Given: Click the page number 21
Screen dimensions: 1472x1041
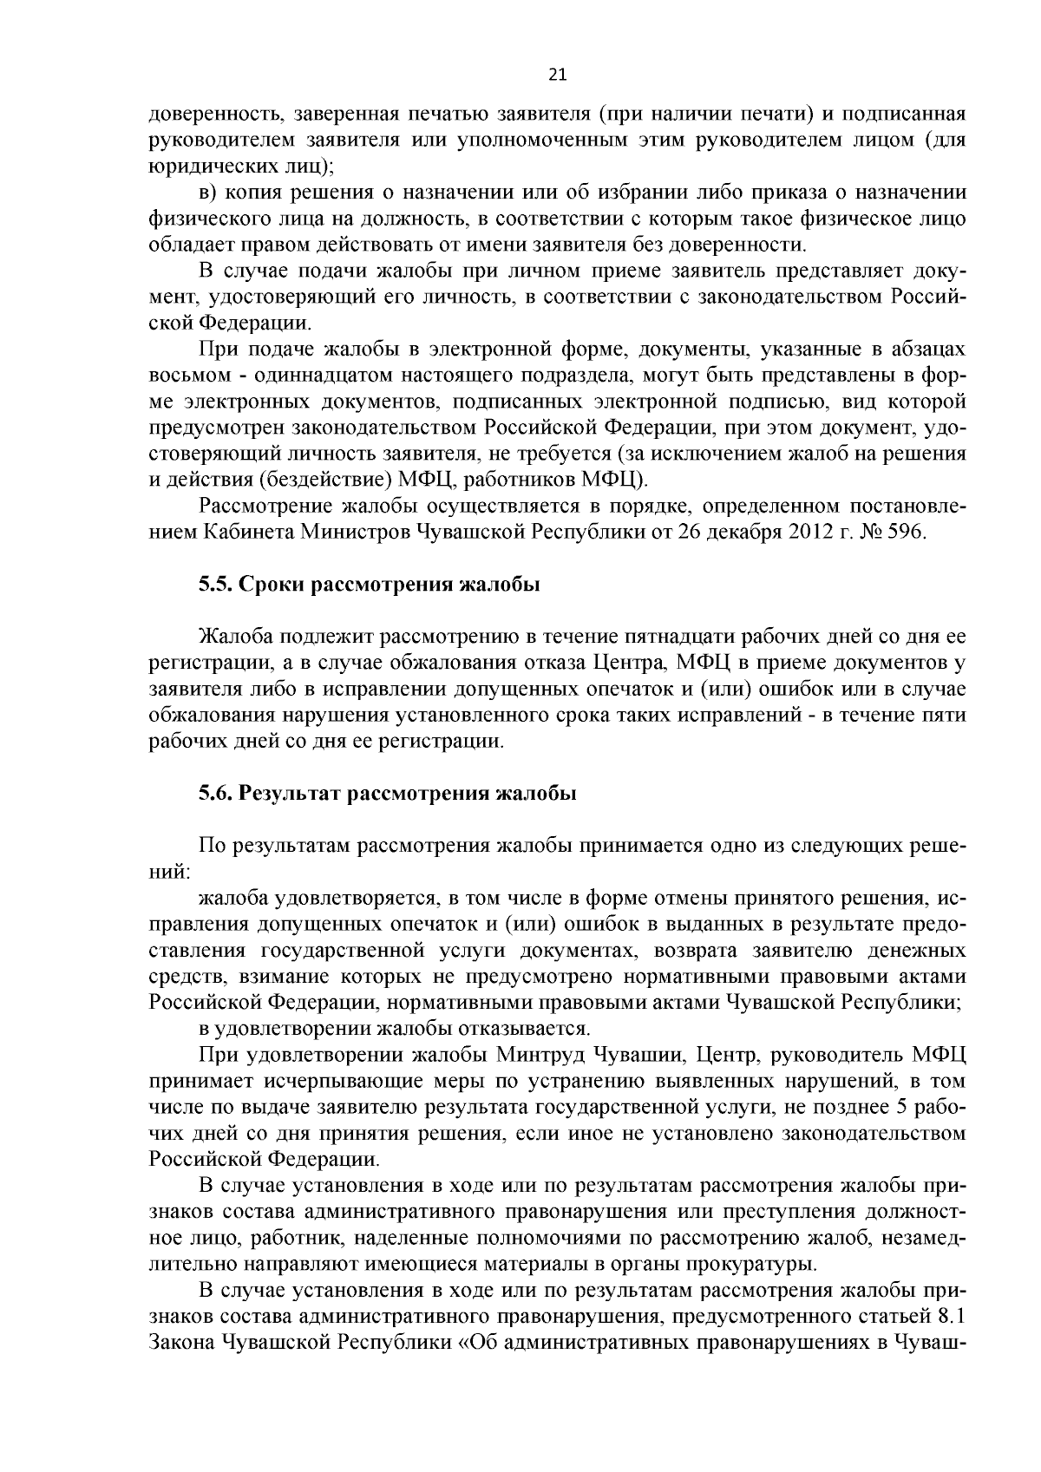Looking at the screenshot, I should click(x=558, y=75).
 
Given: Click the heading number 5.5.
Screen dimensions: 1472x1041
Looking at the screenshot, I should click(x=214, y=585).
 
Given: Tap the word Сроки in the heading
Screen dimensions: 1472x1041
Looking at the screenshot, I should click(x=271, y=585).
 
